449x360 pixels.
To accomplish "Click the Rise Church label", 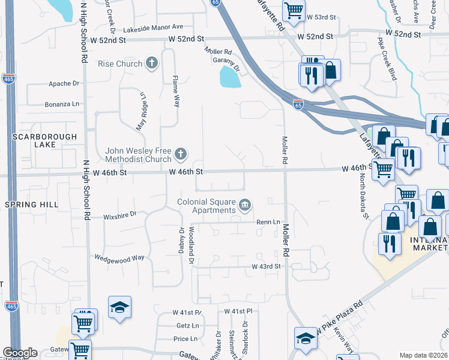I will (x=120, y=64).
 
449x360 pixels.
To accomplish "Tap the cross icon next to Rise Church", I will (x=152, y=62).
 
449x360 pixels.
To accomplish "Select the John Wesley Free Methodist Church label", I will (x=139, y=155).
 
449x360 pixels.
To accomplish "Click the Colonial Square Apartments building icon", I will (x=244, y=205).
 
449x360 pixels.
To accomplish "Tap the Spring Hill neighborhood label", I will (x=31, y=205).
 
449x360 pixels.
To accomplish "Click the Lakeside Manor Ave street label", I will (x=153, y=28).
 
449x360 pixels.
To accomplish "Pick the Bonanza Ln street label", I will (x=62, y=104).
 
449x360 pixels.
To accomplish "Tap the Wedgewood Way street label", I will (x=119, y=257).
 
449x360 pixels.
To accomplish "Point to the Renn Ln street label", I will (x=268, y=222).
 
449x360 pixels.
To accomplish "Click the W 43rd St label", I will (x=266, y=266).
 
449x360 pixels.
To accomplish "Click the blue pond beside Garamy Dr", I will (x=229, y=77).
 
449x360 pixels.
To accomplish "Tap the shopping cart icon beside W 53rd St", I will (x=294, y=10).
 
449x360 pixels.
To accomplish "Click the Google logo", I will (x=20, y=353).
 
